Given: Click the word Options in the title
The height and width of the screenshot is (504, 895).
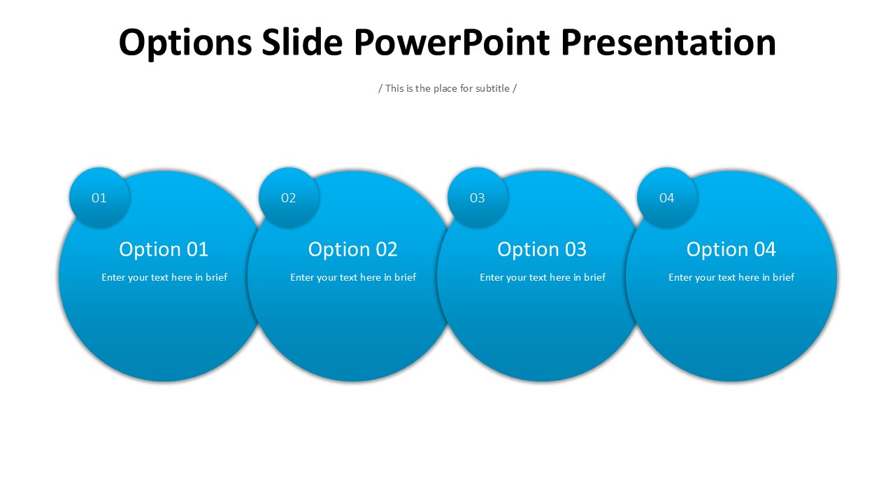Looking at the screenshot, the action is tap(185, 43).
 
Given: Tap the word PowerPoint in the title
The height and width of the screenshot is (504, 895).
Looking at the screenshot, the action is tap(452, 42).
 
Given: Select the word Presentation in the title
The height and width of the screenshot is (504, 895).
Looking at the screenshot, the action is tap(668, 42).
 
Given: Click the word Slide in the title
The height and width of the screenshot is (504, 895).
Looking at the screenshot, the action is tap(303, 42).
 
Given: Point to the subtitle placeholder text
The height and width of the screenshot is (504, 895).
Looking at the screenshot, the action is tap(447, 88).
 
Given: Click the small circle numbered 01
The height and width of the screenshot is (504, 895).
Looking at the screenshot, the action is tap(99, 197).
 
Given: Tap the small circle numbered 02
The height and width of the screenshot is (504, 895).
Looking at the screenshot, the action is tap(289, 197).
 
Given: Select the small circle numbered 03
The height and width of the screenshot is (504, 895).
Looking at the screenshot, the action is tap(478, 197).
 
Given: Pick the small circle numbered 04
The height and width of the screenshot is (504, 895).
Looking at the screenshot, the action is tap(667, 197).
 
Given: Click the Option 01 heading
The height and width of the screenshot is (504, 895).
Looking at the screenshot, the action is tap(164, 250).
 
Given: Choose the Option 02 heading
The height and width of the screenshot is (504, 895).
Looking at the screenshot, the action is tap(353, 250).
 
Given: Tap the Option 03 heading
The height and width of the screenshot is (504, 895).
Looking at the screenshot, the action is tap(542, 250).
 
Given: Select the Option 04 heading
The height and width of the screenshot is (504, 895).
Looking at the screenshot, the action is tap(731, 250).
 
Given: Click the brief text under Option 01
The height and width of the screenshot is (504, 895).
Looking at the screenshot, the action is tap(164, 278).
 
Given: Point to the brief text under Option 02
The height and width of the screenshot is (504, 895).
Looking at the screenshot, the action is tap(353, 278).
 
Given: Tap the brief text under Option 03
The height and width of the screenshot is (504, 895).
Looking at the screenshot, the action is tap(543, 278).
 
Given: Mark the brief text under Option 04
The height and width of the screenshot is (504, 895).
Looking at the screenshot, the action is tap(731, 278).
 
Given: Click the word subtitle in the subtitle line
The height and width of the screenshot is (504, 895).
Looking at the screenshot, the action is tap(492, 88).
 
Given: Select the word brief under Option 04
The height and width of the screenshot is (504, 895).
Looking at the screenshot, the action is tap(784, 277).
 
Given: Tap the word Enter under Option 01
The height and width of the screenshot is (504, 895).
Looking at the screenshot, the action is tap(113, 278).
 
